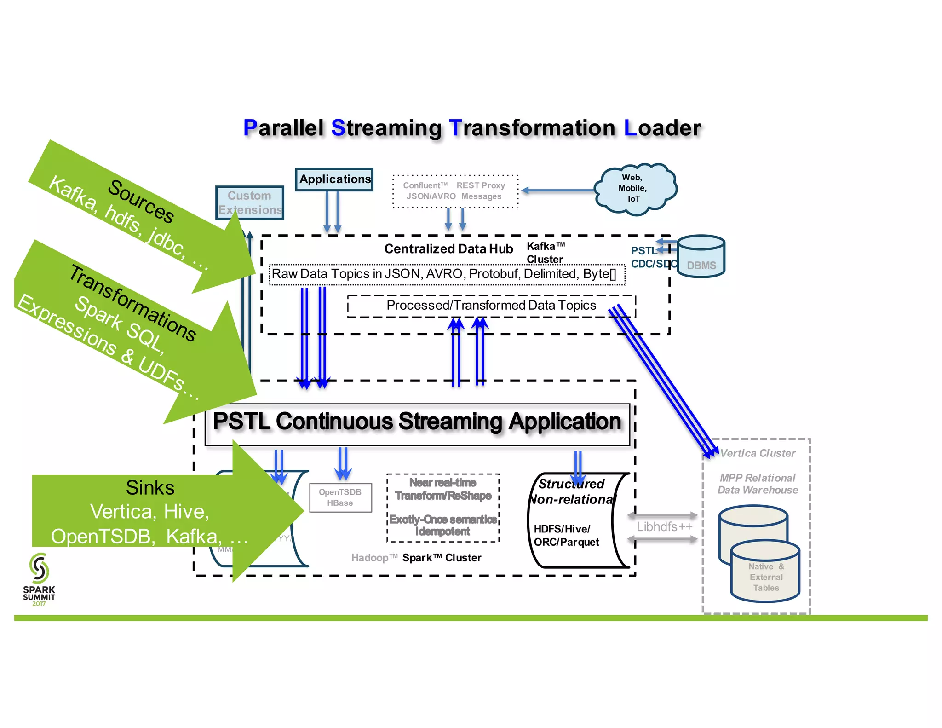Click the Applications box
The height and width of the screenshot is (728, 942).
pos(334,179)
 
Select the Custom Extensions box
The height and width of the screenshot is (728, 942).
pos(250,202)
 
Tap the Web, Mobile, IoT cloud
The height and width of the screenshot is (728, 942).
pos(634,188)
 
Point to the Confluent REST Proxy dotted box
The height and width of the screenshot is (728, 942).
pos(455,191)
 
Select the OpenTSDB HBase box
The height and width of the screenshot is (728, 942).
pos(340,497)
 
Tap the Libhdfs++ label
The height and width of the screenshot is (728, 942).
pos(664,527)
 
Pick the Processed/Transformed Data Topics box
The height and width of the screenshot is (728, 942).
pos(491,306)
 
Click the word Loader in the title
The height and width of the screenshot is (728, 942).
pos(662,128)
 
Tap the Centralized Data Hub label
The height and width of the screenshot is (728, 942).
pos(448,249)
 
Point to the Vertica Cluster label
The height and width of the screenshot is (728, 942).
pos(758,453)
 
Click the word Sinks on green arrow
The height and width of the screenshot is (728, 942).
pos(150,488)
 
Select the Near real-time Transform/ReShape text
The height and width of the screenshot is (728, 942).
pos(443,489)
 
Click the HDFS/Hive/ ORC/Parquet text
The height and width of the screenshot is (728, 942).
pos(566,536)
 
